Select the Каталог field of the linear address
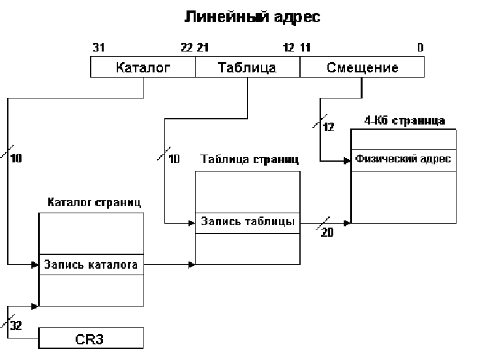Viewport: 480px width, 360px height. click(x=143, y=67)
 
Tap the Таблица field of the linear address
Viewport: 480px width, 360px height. click(x=247, y=67)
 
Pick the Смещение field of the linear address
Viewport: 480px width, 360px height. click(x=362, y=67)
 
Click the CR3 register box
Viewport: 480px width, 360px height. click(x=91, y=338)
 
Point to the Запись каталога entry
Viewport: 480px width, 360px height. click(x=91, y=265)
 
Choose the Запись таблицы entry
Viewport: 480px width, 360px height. click(x=247, y=222)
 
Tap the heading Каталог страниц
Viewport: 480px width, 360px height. click(x=95, y=202)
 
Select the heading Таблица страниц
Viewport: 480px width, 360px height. click(x=250, y=160)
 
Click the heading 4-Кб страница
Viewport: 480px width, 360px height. click(x=406, y=121)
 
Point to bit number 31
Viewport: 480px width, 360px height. click(x=100, y=48)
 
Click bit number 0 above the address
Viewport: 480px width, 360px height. click(x=420, y=48)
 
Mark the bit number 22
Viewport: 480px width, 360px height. click(x=187, y=48)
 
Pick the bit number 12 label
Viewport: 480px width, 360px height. click(x=288, y=48)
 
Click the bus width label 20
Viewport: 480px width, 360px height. click(x=327, y=233)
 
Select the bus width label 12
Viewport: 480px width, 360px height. click(x=329, y=127)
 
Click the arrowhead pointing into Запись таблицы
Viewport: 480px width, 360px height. click(x=192, y=222)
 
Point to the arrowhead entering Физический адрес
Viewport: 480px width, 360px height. click(x=348, y=160)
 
